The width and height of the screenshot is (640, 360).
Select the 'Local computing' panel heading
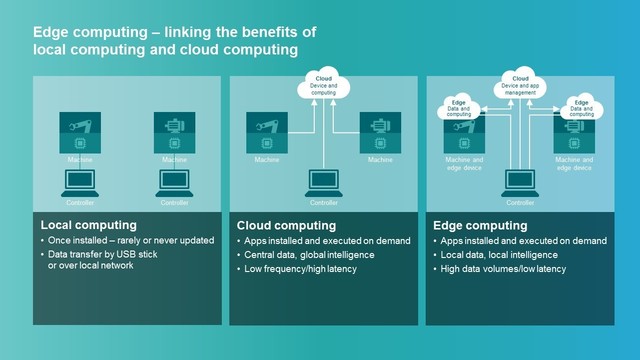coord(88,225)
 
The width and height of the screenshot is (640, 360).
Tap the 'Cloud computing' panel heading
coord(286,225)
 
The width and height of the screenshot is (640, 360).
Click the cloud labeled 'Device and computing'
coord(324,87)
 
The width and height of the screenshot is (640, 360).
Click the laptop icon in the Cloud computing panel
coord(324,183)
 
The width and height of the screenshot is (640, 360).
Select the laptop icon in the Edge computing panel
coord(520,183)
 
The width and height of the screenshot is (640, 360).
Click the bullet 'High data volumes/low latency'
coord(502,269)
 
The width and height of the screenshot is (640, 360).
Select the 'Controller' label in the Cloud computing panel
coord(324,202)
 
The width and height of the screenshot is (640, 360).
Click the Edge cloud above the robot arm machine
coord(459,107)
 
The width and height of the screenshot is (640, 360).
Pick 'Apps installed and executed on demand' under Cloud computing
coord(322,241)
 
